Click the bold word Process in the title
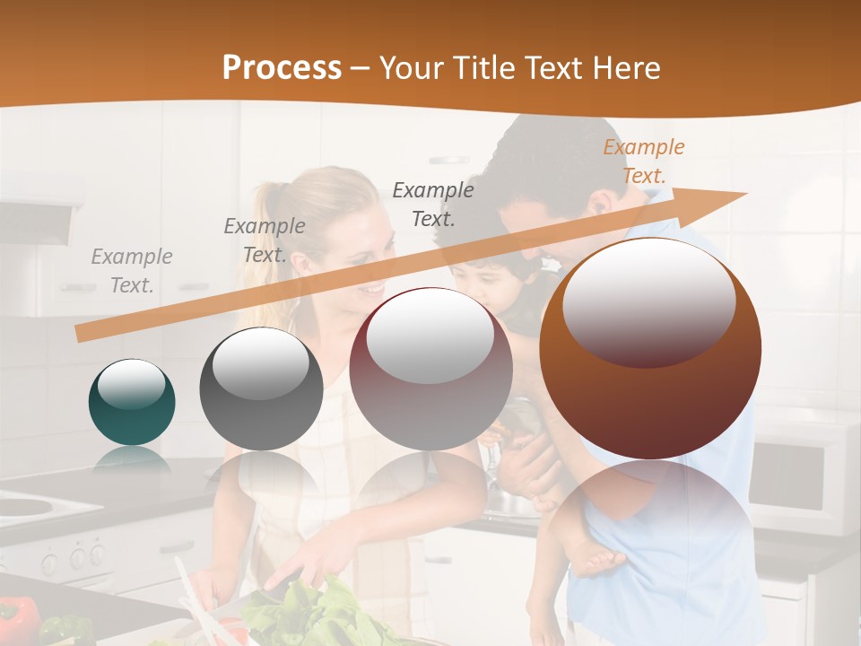point(282,67)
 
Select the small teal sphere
point(132,402)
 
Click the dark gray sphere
point(261,388)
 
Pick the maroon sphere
point(430,369)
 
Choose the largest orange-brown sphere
point(649,348)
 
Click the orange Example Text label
point(643,161)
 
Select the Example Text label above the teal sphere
point(131,271)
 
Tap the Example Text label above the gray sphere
point(264,240)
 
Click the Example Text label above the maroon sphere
point(432,204)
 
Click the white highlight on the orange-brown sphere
point(648,302)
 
